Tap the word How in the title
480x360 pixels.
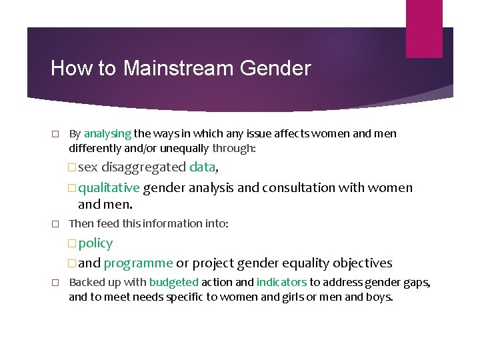[66, 69]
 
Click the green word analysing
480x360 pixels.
[107, 134]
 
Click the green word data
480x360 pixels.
[202, 167]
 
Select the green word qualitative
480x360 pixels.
[109, 188]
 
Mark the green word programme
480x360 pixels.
[138, 263]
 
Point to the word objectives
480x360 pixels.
[359, 263]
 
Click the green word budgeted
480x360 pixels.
[174, 283]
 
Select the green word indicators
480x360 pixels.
[281, 283]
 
